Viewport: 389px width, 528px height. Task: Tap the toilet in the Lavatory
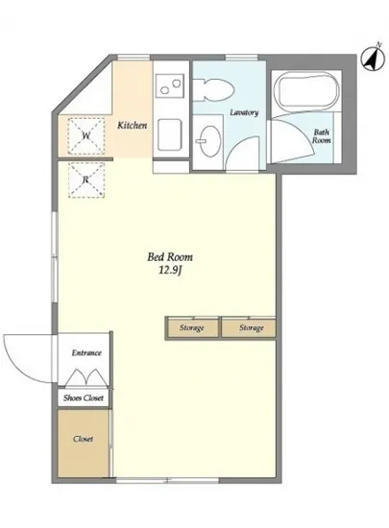pyautogui.click(x=213, y=90)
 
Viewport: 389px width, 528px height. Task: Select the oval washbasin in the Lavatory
pyautogui.click(x=209, y=141)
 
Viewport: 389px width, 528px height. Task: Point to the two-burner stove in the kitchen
pyautogui.click(x=170, y=85)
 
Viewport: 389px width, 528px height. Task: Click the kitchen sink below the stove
pyautogui.click(x=170, y=134)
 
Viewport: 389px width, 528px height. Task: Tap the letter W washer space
pyautogui.click(x=86, y=135)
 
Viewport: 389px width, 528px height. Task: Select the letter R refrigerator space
pyautogui.click(x=86, y=180)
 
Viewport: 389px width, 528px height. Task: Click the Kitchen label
pyautogui.click(x=132, y=125)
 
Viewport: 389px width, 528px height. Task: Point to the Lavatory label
pyautogui.click(x=244, y=112)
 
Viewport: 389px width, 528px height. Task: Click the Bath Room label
pyautogui.click(x=322, y=136)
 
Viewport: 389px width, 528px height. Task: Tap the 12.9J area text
pyautogui.click(x=170, y=271)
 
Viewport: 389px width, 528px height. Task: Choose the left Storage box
pyautogui.click(x=192, y=327)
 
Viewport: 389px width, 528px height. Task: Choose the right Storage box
pyautogui.click(x=249, y=327)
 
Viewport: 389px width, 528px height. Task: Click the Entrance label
pyautogui.click(x=86, y=352)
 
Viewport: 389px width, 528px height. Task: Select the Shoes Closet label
pyautogui.click(x=84, y=397)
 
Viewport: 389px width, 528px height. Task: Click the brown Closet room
pyautogui.click(x=84, y=444)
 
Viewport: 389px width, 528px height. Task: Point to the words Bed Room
pyautogui.click(x=170, y=257)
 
